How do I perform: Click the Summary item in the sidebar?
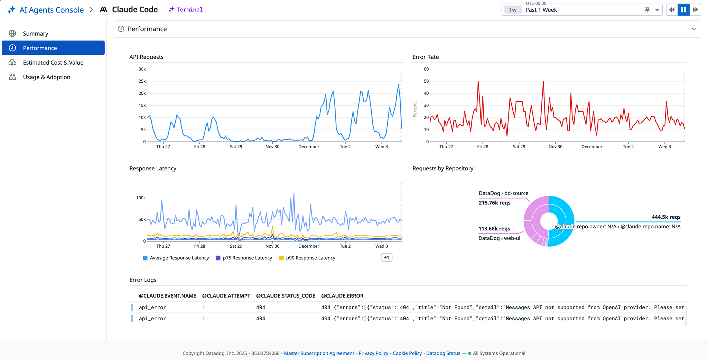point(35,34)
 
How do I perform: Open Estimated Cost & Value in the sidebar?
point(53,63)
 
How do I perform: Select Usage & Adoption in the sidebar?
point(46,77)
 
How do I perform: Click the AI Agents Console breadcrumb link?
point(51,10)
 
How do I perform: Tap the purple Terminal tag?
point(189,10)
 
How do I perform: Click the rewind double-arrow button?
point(672,10)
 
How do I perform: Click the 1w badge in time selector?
point(513,10)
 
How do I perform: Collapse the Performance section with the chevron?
point(693,29)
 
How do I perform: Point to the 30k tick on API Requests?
point(142,69)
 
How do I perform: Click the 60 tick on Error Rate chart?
point(426,69)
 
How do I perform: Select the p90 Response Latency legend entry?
point(310,258)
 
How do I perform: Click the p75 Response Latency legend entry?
point(247,258)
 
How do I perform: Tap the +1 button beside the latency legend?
point(386,257)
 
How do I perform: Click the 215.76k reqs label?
point(494,203)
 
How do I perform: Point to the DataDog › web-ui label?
point(499,238)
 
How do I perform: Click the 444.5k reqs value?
point(666,217)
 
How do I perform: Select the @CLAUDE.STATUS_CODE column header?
point(286,296)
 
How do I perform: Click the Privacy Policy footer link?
point(373,353)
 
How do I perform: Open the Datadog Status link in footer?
point(443,353)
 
